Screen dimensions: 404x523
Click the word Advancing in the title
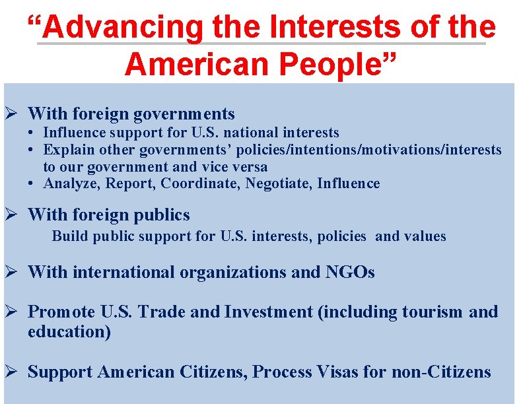(x=125, y=28)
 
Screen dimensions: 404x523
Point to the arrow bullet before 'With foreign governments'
(x=11, y=114)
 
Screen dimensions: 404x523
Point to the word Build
(x=69, y=236)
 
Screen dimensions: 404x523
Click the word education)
(x=69, y=331)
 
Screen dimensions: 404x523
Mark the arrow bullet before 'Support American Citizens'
(x=11, y=372)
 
